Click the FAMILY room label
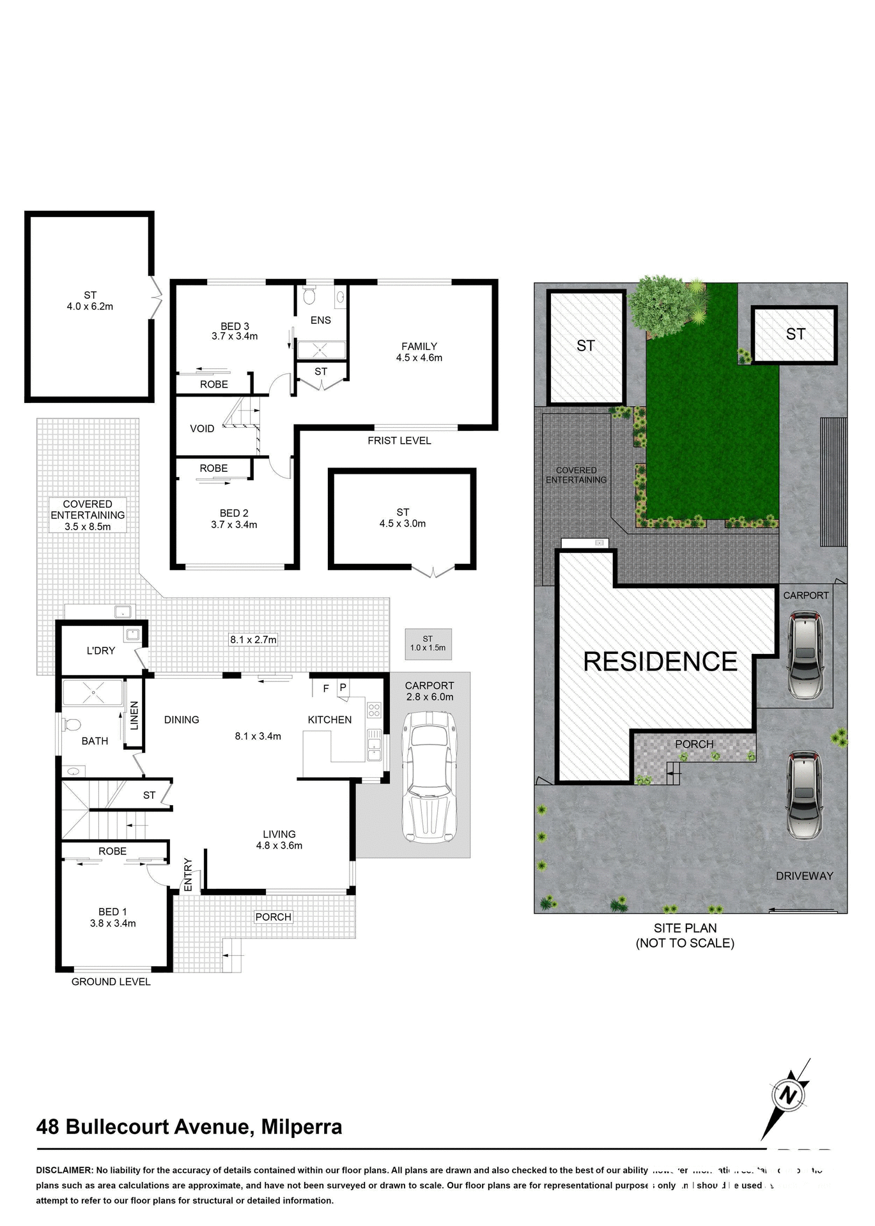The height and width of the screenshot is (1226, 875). (x=419, y=347)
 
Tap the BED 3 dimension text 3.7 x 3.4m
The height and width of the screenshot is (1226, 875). (x=235, y=337)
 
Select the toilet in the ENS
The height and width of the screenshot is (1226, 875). (x=309, y=297)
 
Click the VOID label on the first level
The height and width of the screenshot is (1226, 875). (x=202, y=429)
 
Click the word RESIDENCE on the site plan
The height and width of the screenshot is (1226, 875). (x=660, y=662)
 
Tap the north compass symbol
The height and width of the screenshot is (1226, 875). (x=788, y=1096)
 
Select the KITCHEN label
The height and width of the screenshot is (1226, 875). (x=330, y=720)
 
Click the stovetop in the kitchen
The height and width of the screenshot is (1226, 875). (x=374, y=710)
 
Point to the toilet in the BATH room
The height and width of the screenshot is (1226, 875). (x=72, y=726)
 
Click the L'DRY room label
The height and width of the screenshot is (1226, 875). (x=101, y=651)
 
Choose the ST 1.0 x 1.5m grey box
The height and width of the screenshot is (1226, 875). (x=428, y=644)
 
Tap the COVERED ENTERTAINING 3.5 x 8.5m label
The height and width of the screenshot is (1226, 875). (x=88, y=515)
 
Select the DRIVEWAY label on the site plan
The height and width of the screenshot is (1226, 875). (x=804, y=876)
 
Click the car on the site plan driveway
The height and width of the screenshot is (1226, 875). (x=804, y=794)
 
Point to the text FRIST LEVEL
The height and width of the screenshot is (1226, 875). (x=399, y=441)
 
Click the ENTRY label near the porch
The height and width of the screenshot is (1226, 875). (x=188, y=875)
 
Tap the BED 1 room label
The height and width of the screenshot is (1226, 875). (x=112, y=912)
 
